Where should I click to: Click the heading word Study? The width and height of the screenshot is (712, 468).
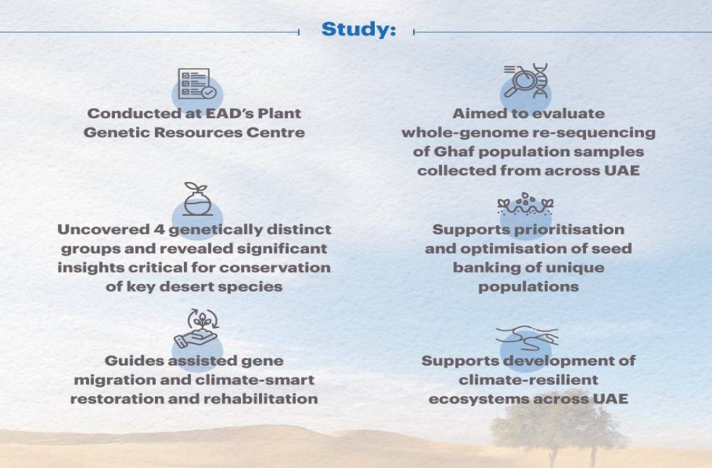click(358, 30)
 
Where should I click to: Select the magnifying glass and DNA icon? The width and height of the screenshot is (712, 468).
click(526, 82)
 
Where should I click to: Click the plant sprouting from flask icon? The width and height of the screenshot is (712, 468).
click(195, 200)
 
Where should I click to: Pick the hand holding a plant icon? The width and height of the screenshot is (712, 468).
click(195, 330)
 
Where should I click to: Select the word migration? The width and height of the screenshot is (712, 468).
click(109, 380)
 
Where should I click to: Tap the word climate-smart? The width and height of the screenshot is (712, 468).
click(263, 380)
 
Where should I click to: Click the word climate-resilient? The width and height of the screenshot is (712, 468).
click(528, 380)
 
